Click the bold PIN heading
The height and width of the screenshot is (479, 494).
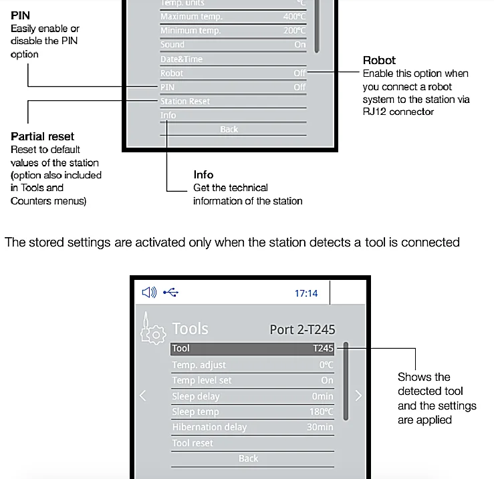(x=20, y=15)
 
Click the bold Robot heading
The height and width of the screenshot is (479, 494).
(x=379, y=60)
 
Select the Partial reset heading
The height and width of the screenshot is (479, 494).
(x=42, y=137)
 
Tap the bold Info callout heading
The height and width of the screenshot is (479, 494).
(x=203, y=175)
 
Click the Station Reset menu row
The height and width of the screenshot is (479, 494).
(x=185, y=102)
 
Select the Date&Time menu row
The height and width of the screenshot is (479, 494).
(x=181, y=59)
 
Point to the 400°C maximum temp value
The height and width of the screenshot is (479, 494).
(x=294, y=16)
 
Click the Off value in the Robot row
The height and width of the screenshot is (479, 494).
(x=299, y=73)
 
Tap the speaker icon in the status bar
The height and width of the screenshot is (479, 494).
(x=149, y=293)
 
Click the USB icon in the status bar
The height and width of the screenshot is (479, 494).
(x=170, y=293)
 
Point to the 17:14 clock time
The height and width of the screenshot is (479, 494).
(x=306, y=293)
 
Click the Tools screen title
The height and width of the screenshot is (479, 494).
(x=190, y=329)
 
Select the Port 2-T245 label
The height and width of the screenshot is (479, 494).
(x=302, y=329)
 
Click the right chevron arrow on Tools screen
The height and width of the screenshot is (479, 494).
(x=358, y=395)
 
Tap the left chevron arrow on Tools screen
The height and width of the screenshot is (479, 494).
(x=142, y=395)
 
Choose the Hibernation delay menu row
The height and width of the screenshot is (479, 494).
(x=209, y=428)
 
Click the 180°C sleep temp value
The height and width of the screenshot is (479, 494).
(x=321, y=412)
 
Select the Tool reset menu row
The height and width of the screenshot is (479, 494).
(x=193, y=443)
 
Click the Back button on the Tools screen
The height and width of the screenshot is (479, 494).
(x=248, y=458)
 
